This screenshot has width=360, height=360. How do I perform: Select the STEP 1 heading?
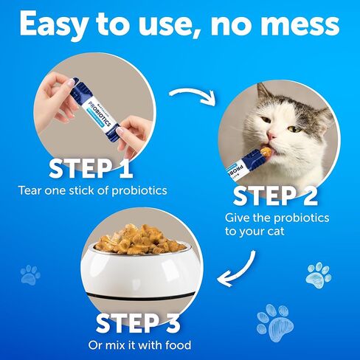coord(91,169)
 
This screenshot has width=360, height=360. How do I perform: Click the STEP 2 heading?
coord(276,196)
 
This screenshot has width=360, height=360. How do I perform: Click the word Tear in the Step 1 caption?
coord(31,190)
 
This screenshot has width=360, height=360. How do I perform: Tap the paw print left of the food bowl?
coord(30,274)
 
